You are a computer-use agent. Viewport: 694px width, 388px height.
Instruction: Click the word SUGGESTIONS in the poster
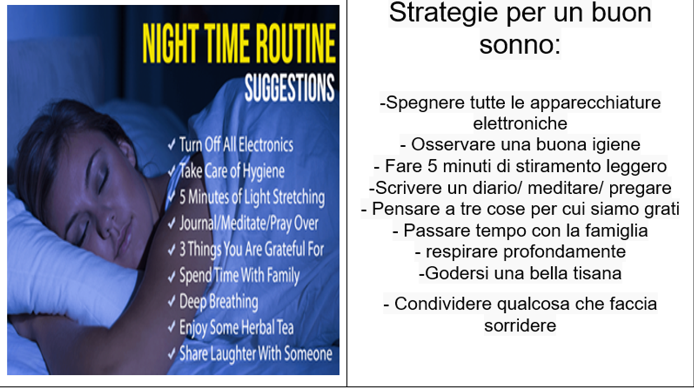pos(290,88)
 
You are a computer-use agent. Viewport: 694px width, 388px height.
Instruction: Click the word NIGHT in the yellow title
pos(170,44)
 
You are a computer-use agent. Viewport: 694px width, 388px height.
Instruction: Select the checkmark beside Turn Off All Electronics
pos(172,144)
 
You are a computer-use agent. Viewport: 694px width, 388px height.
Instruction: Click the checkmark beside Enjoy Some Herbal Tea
pos(172,327)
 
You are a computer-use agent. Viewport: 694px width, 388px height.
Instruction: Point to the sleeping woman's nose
pos(108,223)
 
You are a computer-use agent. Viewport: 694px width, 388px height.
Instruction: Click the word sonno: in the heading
pos(520,45)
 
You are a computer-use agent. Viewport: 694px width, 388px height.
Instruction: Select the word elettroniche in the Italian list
pos(520,123)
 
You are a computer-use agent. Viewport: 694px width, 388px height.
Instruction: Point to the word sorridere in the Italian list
pos(520,325)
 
